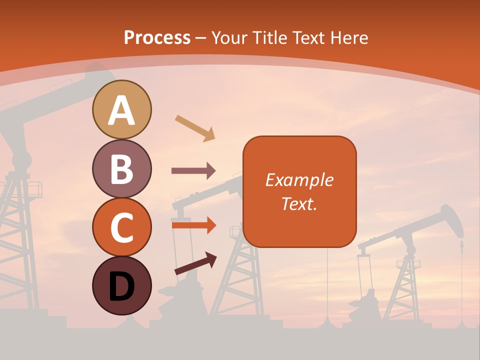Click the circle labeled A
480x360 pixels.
tap(121, 109)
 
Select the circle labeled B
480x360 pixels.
tap(121, 168)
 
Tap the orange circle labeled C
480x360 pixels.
tap(121, 227)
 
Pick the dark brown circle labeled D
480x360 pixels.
tap(121, 285)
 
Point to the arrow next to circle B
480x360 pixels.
tap(193, 171)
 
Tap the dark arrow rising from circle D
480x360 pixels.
tap(195, 263)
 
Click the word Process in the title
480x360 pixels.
tap(157, 37)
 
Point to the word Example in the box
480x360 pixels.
tap(299, 180)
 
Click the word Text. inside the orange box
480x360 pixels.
tap(299, 203)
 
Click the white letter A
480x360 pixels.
tap(121, 110)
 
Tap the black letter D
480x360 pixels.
tap(121, 286)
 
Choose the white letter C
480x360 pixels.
tap(121, 227)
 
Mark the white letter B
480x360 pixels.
tap(121, 169)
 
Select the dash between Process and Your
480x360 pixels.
tap(201, 38)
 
